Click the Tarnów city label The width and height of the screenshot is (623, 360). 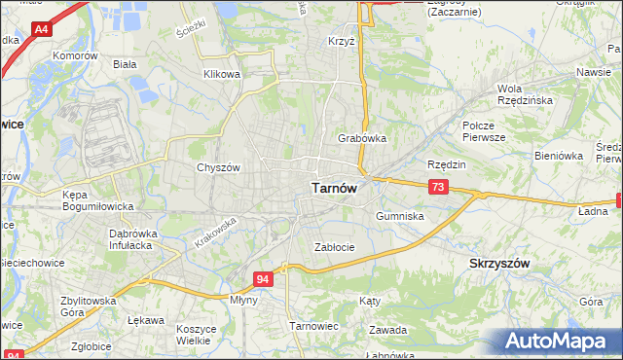tap(337, 189)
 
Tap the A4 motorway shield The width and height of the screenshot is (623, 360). tap(41, 30)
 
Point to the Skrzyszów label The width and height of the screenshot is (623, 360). tap(499, 264)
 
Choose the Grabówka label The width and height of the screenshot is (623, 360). tap(362, 138)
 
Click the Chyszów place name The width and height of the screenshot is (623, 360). tap(218, 166)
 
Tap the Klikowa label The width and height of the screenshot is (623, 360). tap(221, 74)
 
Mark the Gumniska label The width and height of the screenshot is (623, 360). tap(399, 216)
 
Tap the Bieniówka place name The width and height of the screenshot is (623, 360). tap(558, 155)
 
